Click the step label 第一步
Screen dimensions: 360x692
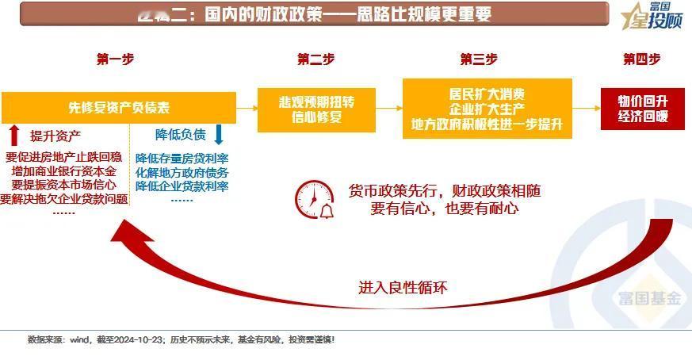tap(115, 59)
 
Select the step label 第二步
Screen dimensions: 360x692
tap(316, 59)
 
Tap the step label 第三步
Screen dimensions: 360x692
tap(479, 59)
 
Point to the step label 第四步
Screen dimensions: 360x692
tap(641, 59)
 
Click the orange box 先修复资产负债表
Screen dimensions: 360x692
tap(119, 107)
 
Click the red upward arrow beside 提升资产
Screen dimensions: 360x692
tap(13, 135)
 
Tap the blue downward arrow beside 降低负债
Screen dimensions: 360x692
tap(219, 134)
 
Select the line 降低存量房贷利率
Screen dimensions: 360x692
tap(182, 158)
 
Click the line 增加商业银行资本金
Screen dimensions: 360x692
tap(63, 171)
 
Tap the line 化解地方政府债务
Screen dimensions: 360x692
tap(182, 172)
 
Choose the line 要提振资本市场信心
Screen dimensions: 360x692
tap(63, 185)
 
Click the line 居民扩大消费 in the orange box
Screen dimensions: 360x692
tap(487, 94)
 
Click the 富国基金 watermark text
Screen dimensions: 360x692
tap(649, 299)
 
